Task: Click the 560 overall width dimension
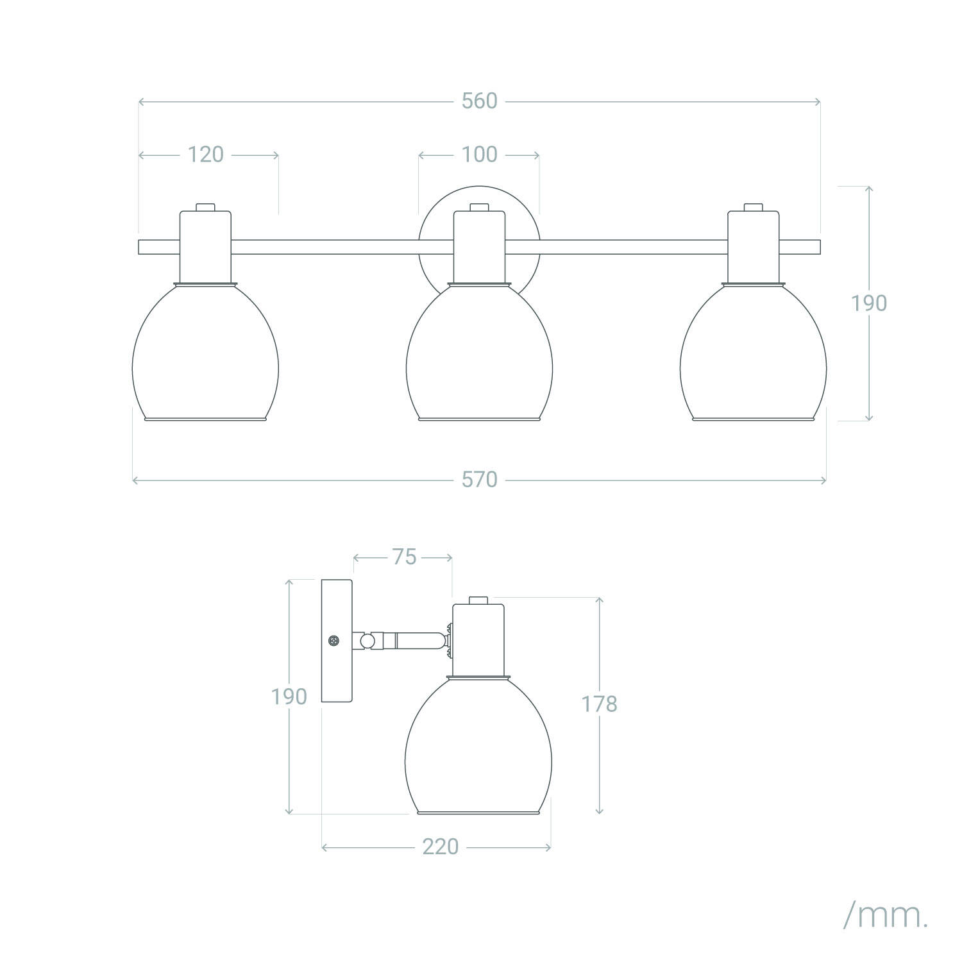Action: [480, 101]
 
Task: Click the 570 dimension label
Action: [480, 480]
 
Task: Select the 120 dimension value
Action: [206, 155]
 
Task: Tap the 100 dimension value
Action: [480, 155]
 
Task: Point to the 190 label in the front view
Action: [869, 303]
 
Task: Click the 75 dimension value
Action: [404, 557]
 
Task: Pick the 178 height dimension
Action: [599, 704]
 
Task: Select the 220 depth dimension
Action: [441, 847]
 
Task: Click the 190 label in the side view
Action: [289, 696]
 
